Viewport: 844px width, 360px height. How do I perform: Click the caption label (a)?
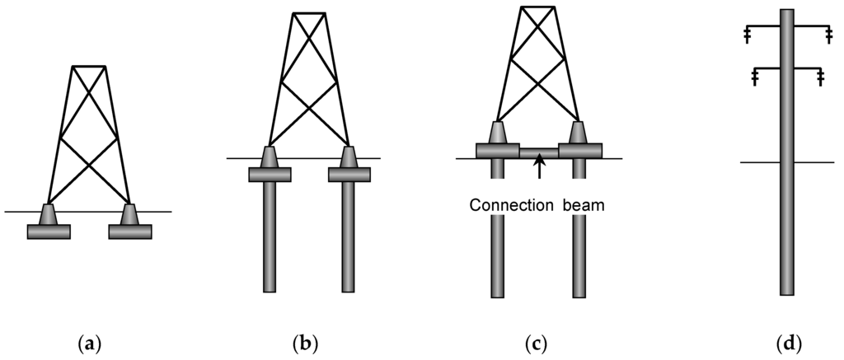[x=88, y=341]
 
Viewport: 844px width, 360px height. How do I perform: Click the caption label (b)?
[x=304, y=341]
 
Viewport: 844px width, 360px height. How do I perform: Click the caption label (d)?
[x=787, y=341]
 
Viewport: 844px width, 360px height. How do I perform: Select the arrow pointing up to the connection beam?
[x=540, y=168]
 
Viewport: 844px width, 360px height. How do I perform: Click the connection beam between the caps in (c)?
[x=539, y=152]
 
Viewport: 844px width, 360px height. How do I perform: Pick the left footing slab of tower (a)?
[x=49, y=231]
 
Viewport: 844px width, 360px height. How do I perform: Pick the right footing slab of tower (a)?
[x=130, y=231]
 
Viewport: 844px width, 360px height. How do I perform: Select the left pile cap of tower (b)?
[x=270, y=174]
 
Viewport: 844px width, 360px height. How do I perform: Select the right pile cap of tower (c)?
[x=579, y=150]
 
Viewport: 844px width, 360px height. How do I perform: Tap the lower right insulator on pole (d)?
[x=820, y=77]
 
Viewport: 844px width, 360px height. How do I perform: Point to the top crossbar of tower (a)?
[x=88, y=66]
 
